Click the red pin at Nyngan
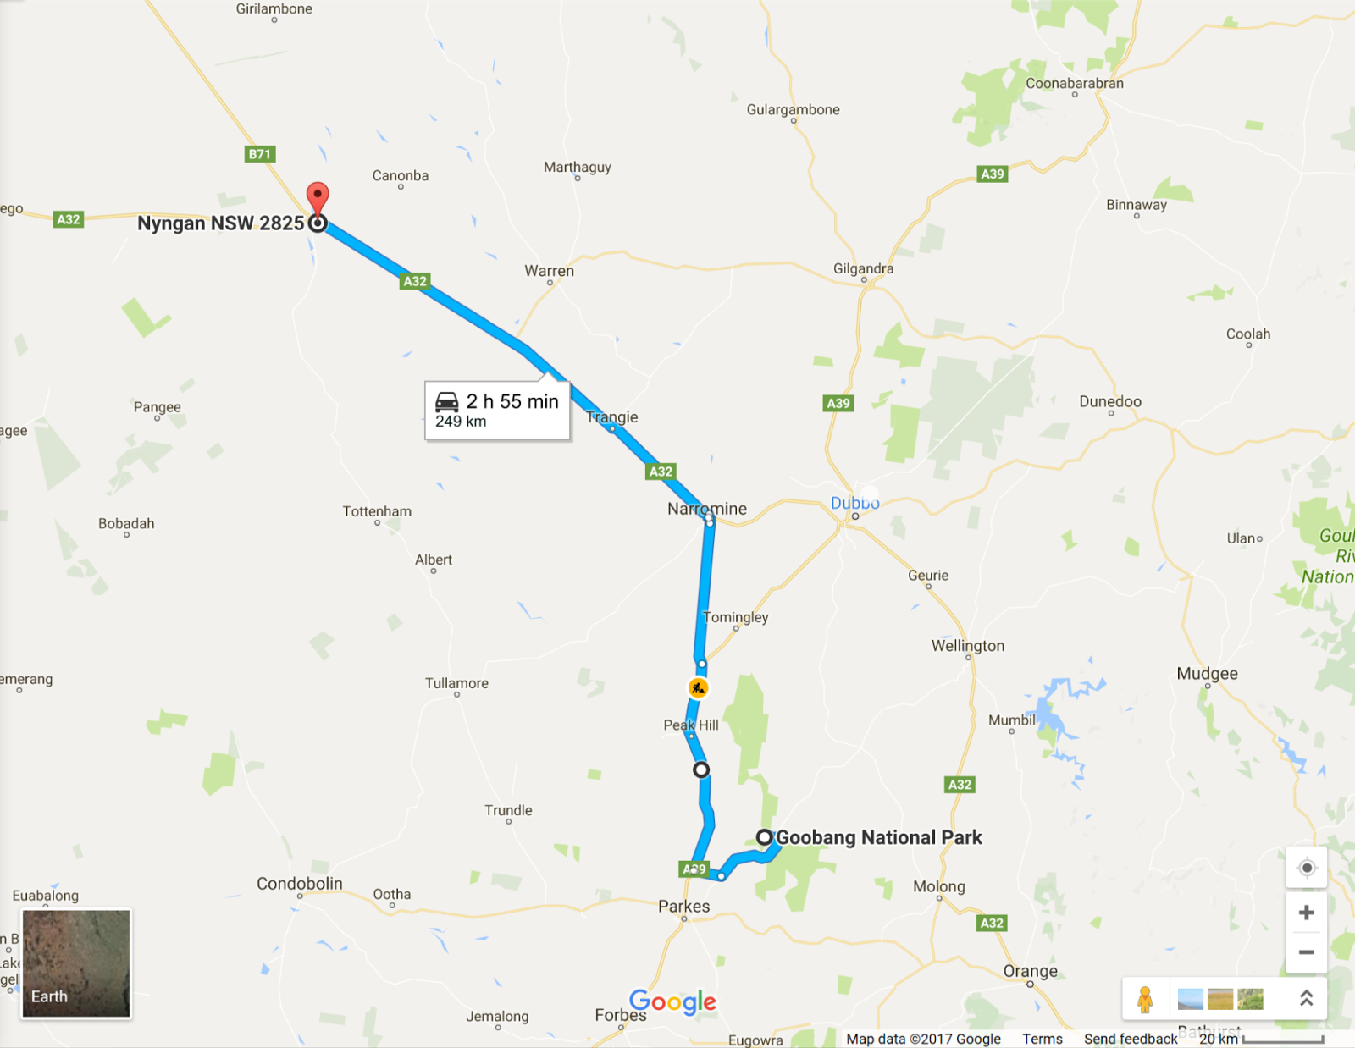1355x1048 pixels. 318,197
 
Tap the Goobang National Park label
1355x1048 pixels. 878,837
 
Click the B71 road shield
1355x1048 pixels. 260,154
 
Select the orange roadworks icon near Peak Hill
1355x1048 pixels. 698,688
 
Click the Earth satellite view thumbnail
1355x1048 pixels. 76,963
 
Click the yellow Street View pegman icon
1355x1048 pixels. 1145,1000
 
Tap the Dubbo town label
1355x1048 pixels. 854,503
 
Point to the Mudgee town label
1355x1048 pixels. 1207,674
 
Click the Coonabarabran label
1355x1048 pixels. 1075,83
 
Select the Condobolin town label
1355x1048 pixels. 300,883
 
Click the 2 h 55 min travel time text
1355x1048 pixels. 512,401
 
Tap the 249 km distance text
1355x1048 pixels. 461,422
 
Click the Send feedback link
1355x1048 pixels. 1130,1039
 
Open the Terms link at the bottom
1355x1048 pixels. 1042,1039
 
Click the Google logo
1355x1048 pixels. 672,1001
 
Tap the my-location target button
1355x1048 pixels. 1307,868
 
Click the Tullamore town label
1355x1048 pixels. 456,683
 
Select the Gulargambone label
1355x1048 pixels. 793,109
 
